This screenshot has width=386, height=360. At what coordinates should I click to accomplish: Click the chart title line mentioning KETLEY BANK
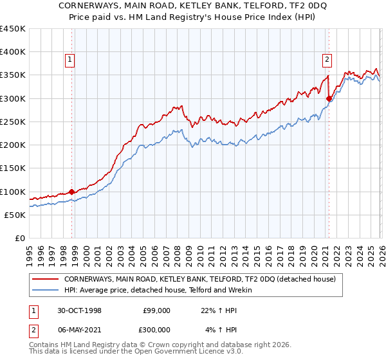pyautogui.click(x=192, y=5)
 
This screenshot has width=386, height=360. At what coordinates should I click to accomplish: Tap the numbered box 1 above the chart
pyautogui.click(x=70, y=60)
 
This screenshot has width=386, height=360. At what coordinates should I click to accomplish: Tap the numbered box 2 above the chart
pyautogui.click(x=327, y=60)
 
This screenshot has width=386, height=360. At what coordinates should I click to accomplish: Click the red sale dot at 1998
pyautogui.click(x=71, y=192)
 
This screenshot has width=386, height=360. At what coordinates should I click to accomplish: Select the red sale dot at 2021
pyautogui.click(x=329, y=98)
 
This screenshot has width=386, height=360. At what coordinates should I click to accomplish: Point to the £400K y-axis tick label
pyautogui.click(x=13, y=52)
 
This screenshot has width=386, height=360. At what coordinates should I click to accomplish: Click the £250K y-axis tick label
pyautogui.click(x=13, y=122)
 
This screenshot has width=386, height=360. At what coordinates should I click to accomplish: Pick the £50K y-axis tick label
pyautogui.click(x=15, y=215)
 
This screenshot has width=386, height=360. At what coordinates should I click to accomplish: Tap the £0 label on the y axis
pyautogui.click(x=20, y=238)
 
